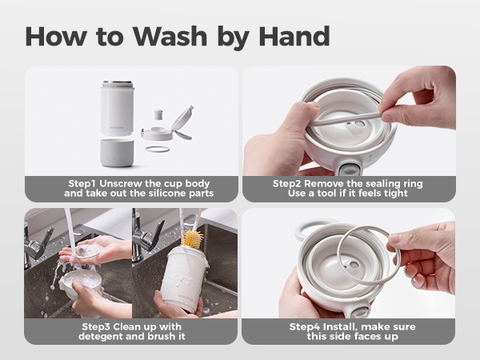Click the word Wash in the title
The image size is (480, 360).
170,37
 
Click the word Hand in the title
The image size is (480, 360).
294,37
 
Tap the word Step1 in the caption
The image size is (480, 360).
82,184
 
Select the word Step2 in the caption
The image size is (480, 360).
287,184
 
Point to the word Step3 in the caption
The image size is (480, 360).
96,327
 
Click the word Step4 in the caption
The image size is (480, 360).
305,327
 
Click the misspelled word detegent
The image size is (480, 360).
101,337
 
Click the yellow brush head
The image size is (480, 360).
193,238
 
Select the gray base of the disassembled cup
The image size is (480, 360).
117,153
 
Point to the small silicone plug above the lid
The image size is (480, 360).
158,114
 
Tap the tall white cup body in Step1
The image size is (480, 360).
118,108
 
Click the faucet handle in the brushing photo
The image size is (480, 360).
157,234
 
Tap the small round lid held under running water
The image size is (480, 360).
86,252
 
